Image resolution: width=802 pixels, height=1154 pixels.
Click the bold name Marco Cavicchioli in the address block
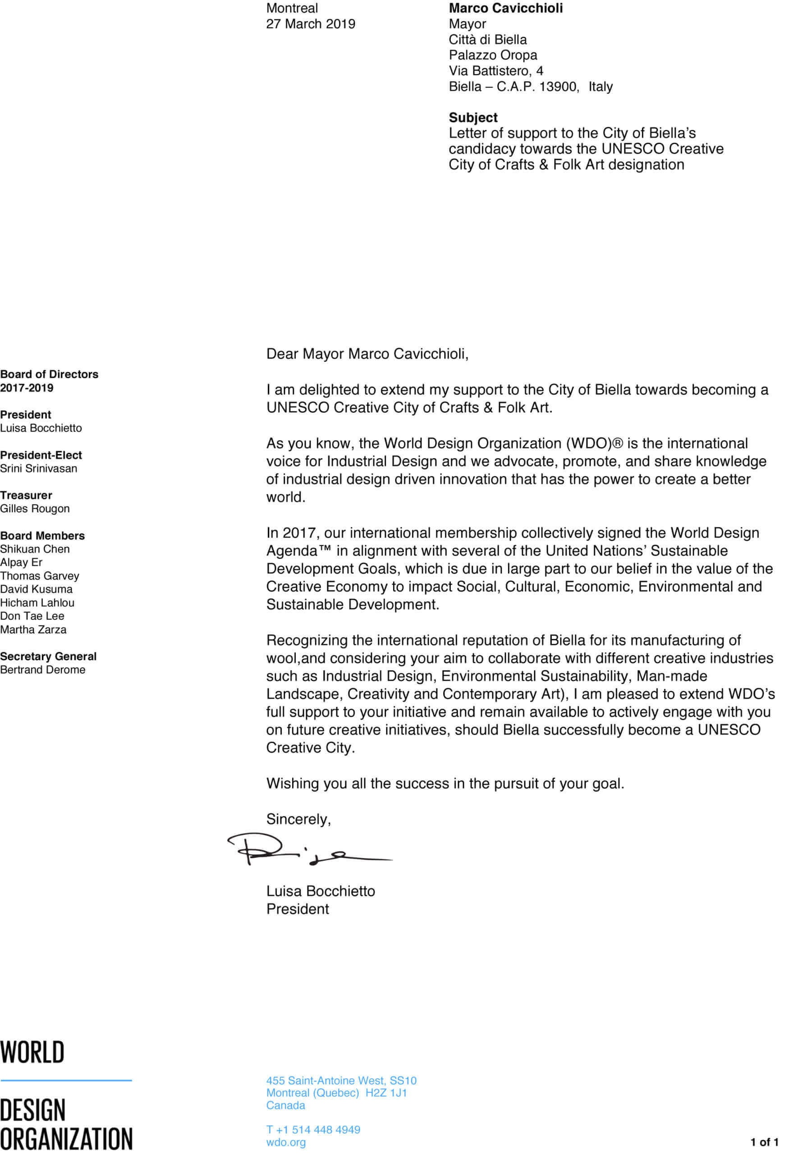[505, 8]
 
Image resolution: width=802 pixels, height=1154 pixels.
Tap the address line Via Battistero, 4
[495, 70]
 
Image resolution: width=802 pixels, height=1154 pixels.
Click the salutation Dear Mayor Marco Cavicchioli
[367, 354]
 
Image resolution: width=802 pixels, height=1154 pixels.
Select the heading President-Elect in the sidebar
[41, 455]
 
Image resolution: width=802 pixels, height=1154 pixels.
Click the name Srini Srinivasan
[39, 468]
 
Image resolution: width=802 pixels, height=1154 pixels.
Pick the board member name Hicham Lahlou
[37, 602]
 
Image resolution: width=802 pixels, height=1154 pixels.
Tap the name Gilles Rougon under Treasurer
[35, 508]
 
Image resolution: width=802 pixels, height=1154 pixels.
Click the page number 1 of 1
[764, 1142]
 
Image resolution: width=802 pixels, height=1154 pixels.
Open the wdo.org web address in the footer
[285, 1142]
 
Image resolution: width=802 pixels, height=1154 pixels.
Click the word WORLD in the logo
[32, 1052]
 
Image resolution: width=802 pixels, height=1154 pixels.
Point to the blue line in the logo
[66, 1080]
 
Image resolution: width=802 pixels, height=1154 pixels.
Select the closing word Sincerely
[298, 819]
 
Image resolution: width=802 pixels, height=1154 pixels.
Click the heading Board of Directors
[49, 374]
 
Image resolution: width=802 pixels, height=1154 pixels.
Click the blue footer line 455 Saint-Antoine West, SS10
[341, 1080]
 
